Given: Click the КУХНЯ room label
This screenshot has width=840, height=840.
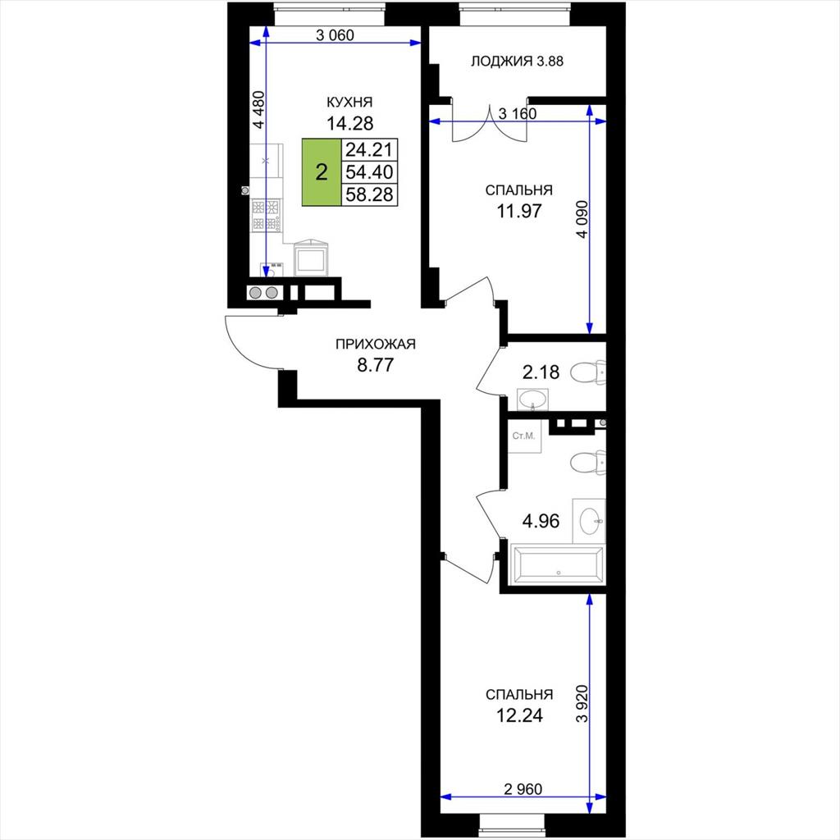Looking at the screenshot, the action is click(349, 102).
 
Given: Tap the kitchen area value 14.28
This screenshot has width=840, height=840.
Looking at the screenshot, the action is click(349, 123).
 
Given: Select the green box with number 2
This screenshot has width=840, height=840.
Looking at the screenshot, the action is click(322, 172).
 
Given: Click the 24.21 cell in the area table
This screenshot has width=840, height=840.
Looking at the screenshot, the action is click(369, 149).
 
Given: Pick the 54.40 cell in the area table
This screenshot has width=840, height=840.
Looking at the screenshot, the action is click(369, 172).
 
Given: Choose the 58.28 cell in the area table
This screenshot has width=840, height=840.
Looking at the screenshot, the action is click(369, 194).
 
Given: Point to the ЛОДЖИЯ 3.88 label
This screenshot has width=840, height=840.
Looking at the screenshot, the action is click(517, 61).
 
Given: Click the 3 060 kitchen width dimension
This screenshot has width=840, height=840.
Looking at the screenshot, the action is click(335, 35).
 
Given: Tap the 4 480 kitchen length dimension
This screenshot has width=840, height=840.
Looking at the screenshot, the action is click(258, 109).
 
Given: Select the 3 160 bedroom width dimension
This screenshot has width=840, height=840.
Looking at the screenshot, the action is click(518, 113).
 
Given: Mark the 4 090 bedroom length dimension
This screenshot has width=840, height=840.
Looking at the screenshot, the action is click(582, 219).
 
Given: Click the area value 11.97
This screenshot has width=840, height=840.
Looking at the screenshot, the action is click(519, 211).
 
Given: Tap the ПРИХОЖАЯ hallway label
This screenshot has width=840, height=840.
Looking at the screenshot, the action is click(376, 344).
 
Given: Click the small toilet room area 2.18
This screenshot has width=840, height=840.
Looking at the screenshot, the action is click(541, 372).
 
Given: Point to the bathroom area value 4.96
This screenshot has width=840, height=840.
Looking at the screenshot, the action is click(541, 521).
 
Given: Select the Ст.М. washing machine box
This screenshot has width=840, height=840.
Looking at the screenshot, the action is click(524, 436).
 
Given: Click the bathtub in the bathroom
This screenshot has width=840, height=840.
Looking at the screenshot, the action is click(558, 565).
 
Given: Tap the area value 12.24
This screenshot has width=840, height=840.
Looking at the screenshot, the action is click(519, 715).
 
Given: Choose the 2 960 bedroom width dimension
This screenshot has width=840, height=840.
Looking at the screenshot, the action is click(523, 788).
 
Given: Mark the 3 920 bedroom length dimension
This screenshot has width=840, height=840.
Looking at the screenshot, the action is click(582, 703).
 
